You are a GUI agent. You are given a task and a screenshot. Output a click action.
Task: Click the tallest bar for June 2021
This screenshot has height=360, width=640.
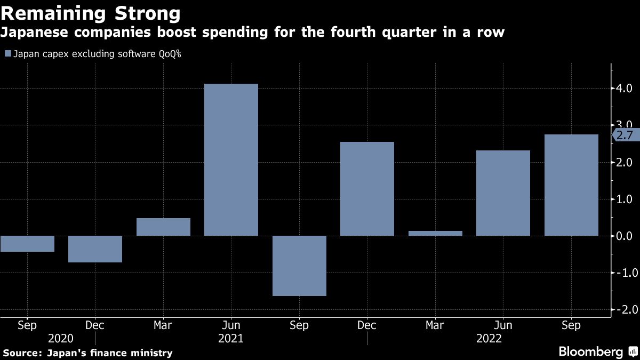231,159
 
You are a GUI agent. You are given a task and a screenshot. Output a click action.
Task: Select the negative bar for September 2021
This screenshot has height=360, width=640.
299,266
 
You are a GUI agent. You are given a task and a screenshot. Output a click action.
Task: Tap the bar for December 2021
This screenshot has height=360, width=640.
367,189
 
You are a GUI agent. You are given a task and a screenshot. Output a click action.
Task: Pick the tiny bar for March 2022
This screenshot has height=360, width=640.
435,233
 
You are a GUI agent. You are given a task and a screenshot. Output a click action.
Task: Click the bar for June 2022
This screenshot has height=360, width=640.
503,193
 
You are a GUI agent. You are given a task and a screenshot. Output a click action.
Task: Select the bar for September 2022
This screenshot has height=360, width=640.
571,185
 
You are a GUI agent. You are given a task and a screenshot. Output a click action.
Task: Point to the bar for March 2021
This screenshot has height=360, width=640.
163,227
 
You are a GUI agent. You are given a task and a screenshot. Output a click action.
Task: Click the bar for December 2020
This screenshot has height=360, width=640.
95,249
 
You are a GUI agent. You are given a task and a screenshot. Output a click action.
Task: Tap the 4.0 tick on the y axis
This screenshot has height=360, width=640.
625,88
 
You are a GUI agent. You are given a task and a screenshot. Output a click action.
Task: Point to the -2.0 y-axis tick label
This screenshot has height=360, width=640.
623,310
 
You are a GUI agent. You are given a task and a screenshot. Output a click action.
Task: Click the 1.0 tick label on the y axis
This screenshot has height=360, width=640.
625,199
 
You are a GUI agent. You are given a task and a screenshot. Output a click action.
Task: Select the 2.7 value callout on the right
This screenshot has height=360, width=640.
625,135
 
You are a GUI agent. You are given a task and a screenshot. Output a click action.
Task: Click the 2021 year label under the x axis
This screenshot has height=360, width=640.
231,338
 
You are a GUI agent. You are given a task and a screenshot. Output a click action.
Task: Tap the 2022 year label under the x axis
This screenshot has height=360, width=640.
489,338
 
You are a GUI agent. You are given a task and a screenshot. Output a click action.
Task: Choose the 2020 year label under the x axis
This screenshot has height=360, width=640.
60,338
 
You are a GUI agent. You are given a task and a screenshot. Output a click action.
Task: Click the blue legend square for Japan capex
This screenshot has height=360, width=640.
7,54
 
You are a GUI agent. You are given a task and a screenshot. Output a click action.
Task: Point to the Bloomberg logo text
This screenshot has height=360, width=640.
590,352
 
